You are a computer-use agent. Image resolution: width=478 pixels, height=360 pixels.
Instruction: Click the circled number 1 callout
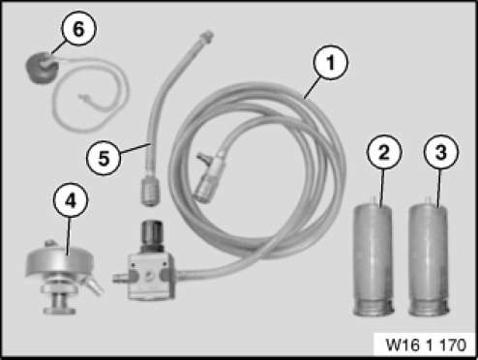pos(331,63)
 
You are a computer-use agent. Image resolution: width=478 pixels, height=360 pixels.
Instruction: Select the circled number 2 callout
pos(383,152)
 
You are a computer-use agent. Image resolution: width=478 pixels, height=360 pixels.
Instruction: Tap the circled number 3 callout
pos(440,152)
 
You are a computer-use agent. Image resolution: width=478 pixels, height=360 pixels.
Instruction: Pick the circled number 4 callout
pos(71,201)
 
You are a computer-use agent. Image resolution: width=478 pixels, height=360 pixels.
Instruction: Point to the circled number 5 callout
pos(104,159)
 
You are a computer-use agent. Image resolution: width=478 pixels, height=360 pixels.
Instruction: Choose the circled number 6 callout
pos(78,29)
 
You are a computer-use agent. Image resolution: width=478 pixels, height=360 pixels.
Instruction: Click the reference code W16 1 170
pos(426,345)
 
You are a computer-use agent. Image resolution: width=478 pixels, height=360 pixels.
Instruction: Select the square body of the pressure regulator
pos(151,275)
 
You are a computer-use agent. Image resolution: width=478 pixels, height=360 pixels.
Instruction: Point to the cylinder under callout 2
pos(373,258)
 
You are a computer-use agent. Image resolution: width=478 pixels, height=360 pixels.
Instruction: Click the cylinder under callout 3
pos(429,258)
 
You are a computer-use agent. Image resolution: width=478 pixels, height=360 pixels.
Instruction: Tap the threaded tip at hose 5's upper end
pos(207,36)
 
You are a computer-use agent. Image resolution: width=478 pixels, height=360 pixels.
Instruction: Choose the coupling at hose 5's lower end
pos(150,192)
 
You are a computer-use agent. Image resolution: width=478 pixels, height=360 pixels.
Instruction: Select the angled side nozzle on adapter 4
pos(92,285)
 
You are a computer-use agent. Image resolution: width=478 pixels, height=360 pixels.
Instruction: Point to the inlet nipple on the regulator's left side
pos(120,278)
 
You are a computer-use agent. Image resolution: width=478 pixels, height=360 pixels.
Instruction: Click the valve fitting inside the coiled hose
pos(208,177)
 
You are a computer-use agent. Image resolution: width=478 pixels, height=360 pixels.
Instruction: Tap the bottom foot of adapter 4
pos(59,311)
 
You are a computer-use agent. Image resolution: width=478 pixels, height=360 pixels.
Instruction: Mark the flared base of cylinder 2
pos(373,307)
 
